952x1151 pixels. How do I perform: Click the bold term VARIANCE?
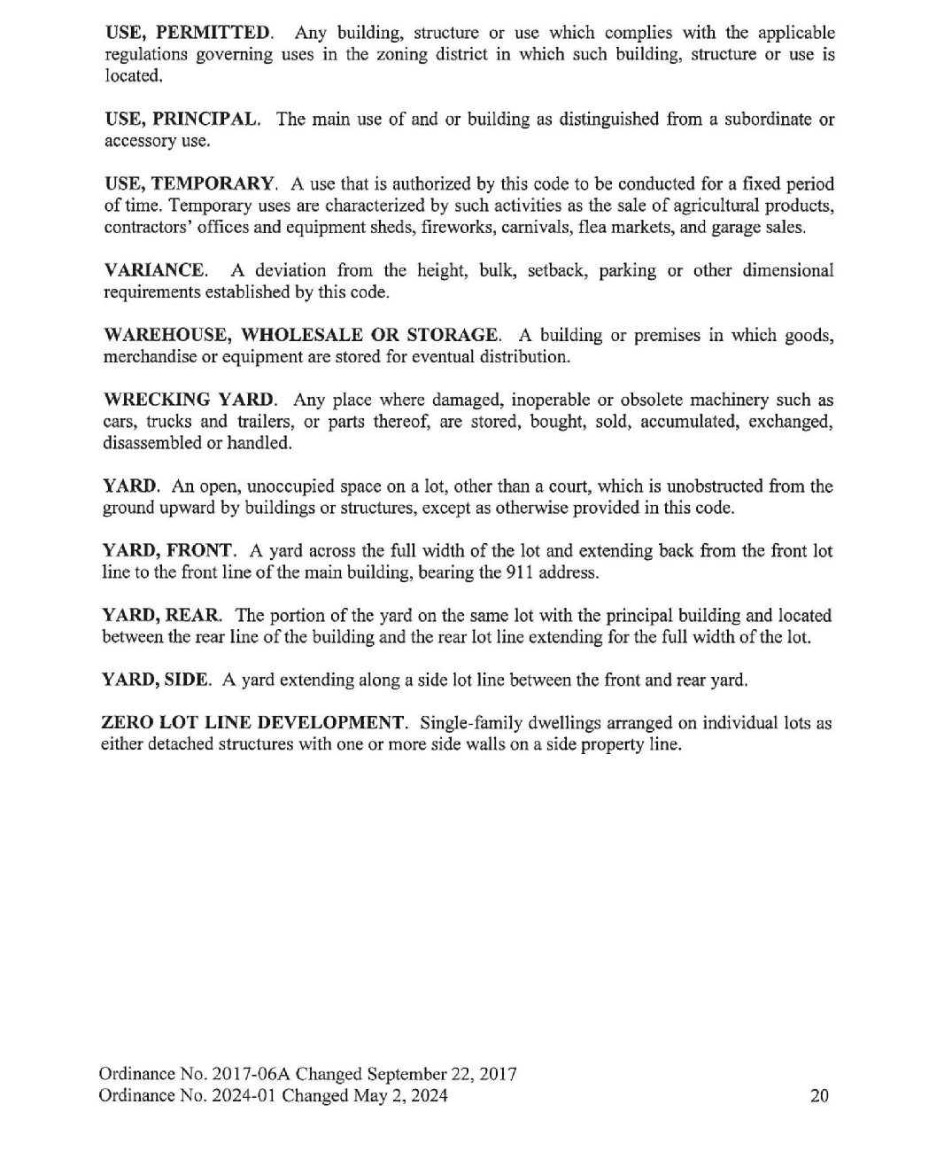pyautogui.click(x=155, y=270)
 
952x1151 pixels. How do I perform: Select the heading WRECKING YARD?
pyautogui.click(x=190, y=400)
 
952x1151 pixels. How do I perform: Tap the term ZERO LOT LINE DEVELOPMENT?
pyautogui.click(x=253, y=723)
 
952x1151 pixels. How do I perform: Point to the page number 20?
pyautogui.click(x=819, y=1096)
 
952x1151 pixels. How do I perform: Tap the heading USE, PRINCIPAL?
pyautogui.click(x=182, y=119)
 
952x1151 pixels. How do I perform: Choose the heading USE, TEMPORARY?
pyautogui.click(x=190, y=184)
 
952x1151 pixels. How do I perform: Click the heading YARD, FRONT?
pyautogui.click(x=167, y=551)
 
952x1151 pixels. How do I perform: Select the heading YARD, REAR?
pyautogui.click(x=162, y=616)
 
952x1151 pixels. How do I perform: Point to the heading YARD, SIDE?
pyautogui.click(x=156, y=680)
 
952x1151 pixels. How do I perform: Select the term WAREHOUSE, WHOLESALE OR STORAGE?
pyautogui.click(x=302, y=335)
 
